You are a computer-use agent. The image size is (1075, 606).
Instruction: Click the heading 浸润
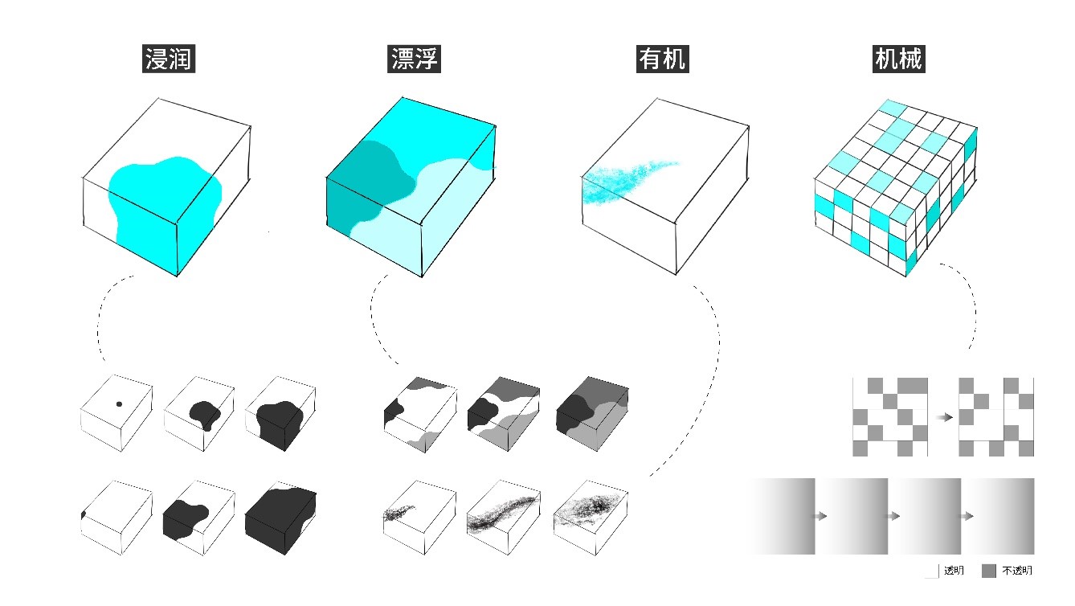(x=169, y=59)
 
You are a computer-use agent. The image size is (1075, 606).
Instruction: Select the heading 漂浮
(x=415, y=59)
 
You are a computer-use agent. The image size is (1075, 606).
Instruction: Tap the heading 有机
(x=663, y=59)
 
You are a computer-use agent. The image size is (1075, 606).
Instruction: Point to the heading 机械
(x=898, y=59)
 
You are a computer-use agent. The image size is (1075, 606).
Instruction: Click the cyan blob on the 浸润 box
(x=161, y=201)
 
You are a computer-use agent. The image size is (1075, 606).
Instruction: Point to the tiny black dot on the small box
(x=118, y=403)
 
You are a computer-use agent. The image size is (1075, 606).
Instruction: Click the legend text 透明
(x=954, y=571)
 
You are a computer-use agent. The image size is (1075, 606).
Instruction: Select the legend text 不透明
(x=1017, y=571)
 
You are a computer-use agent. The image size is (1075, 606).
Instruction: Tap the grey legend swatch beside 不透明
(x=989, y=571)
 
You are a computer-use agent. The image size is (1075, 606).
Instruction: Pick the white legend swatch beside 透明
(x=931, y=571)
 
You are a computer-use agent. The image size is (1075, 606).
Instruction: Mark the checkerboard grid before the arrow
(x=889, y=417)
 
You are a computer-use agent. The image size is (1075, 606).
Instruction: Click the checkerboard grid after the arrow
(x=996, y=417)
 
